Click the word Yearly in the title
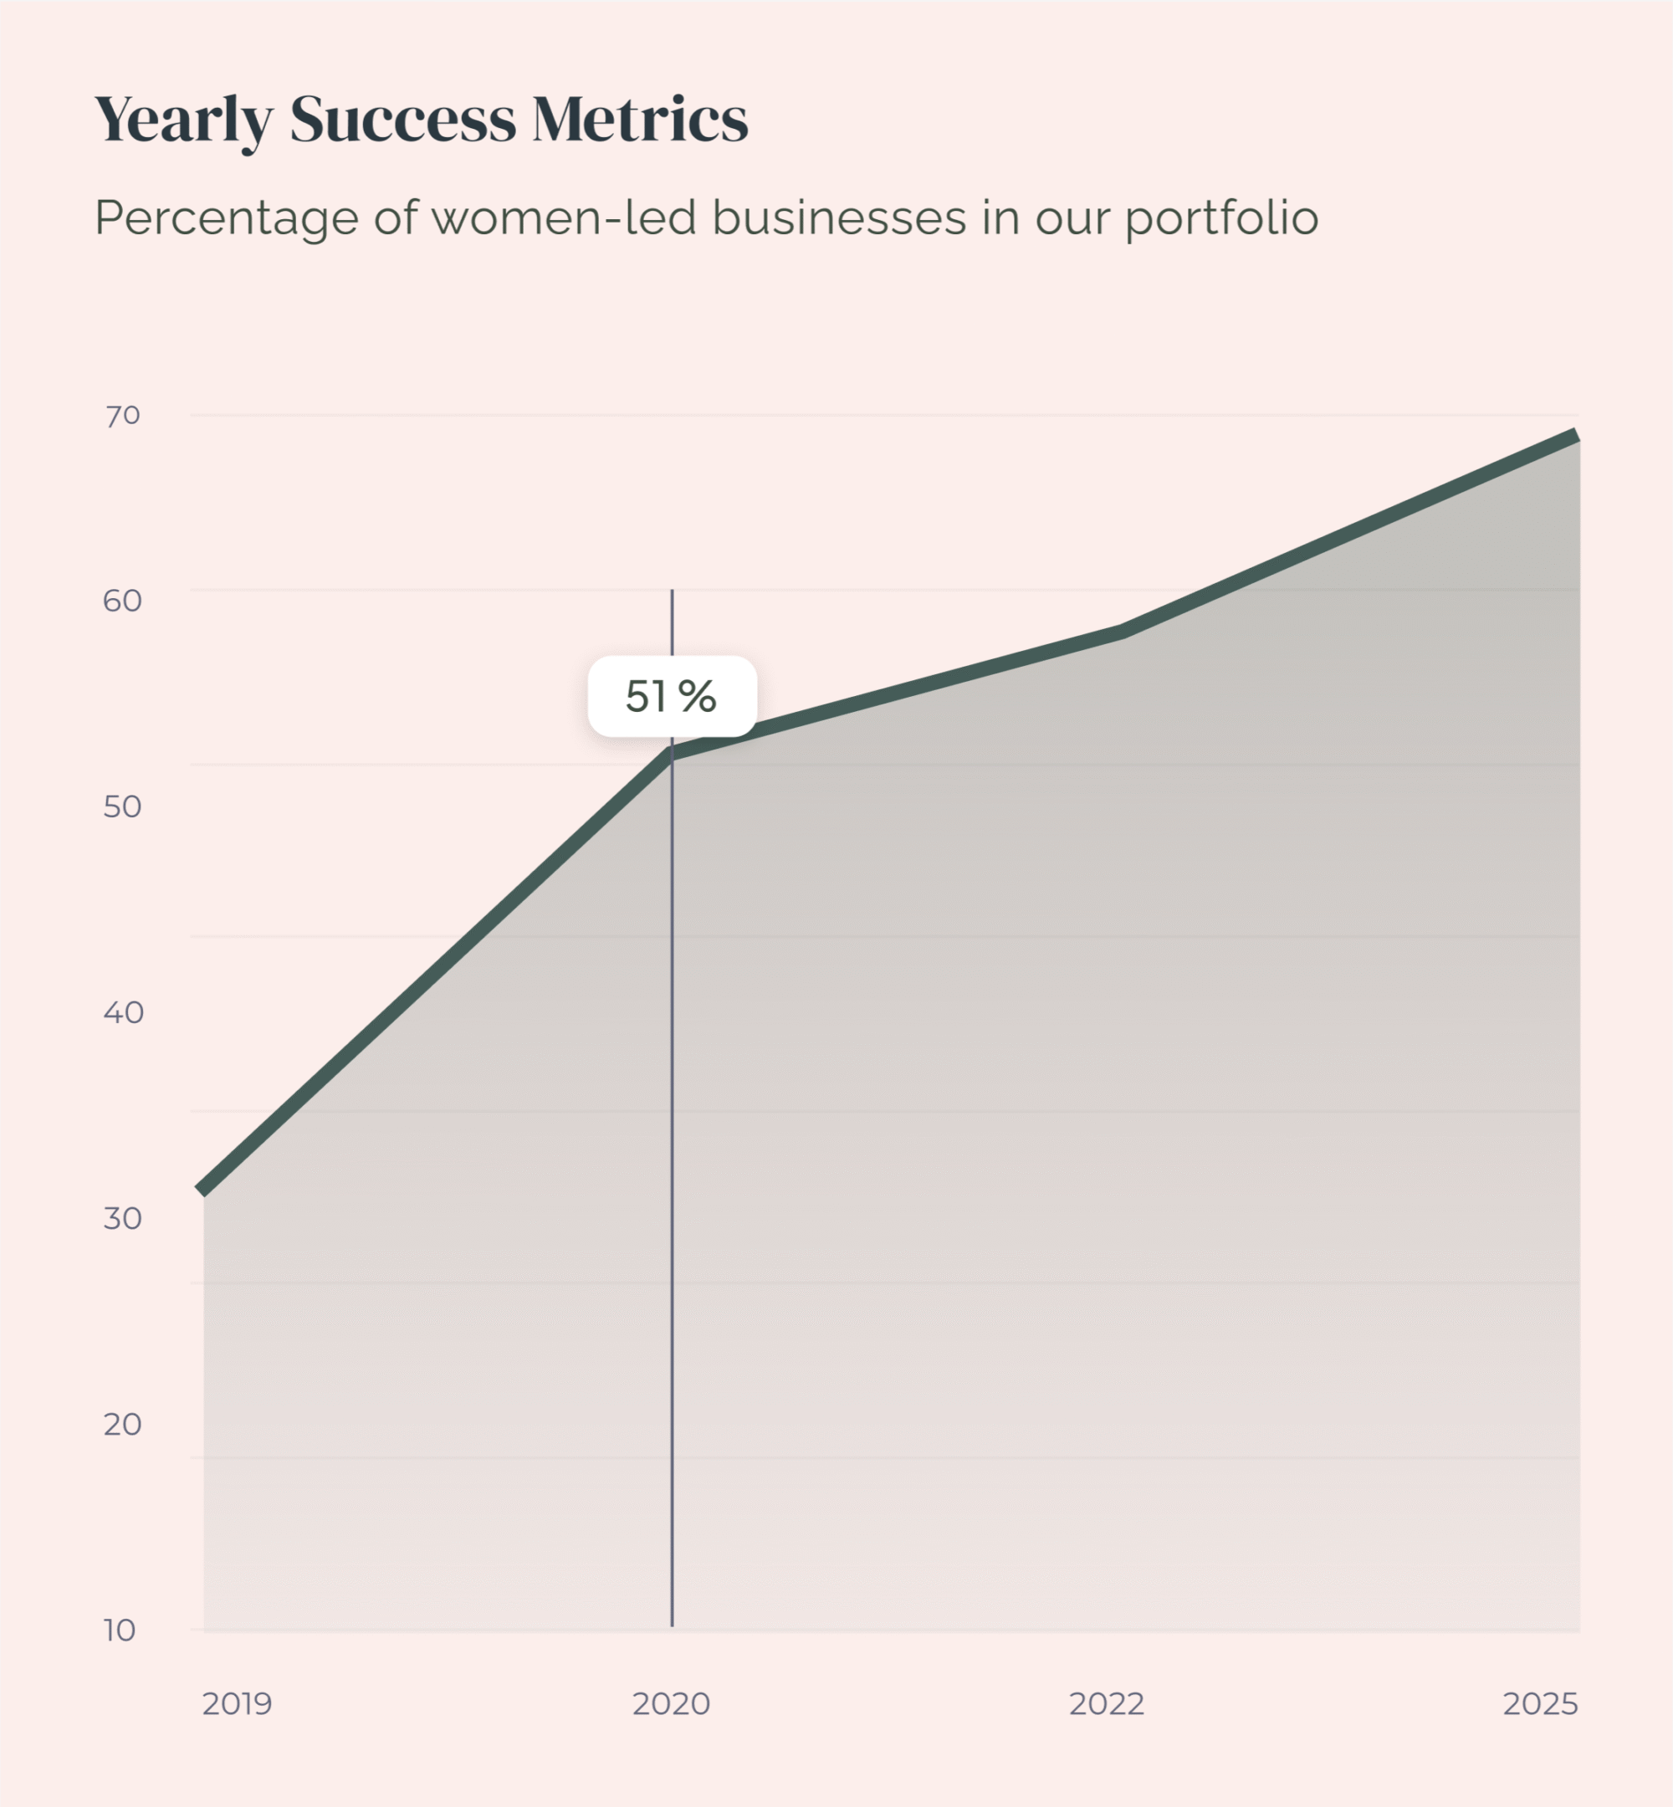[184, 120]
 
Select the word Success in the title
[403, 119]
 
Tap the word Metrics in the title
[640, 119]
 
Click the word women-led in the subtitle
[563, 218]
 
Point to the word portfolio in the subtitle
[1221, 219]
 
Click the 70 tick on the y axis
[123, 416]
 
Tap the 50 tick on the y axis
[122, 806]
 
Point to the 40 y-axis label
[123, 1012]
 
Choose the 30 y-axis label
[122, 1218]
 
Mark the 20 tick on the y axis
[122, 1424]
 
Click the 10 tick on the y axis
[120, 1630]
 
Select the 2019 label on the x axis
[238, 1704]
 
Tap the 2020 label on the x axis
[671, 1704]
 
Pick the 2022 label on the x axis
[1107, 1704]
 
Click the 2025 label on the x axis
[1540, 1704]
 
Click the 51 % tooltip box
[672, 696]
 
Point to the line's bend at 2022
[1123, 630]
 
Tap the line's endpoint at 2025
[1576, 436]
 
